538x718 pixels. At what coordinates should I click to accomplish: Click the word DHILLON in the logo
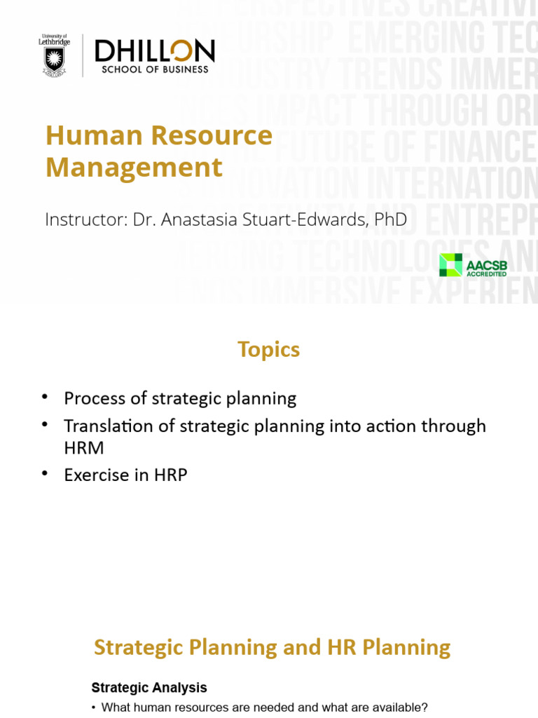click(x=154, y=51)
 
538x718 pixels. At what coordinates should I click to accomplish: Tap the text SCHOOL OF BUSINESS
click(x=155, y=69)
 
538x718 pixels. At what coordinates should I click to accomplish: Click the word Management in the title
click(x=134, y=168)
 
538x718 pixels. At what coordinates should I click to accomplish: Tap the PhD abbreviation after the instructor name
click(x=390, y=219)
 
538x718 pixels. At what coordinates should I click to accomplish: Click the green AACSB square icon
click(x=450, y=264)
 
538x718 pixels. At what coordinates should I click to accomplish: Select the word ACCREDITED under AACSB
click(x=486, y=273)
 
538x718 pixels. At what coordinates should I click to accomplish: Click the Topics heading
click(x=268, y=349)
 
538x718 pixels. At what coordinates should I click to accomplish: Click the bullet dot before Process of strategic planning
click(x=45, y=397)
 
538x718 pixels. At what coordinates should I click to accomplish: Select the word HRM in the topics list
click(x=82, y=446)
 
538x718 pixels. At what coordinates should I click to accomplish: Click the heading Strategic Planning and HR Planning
click(x=272, y=646)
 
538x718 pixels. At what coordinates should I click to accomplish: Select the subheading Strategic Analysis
click(x=149, y=688)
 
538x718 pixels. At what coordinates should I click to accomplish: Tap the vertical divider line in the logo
click(x=83, y=55)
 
